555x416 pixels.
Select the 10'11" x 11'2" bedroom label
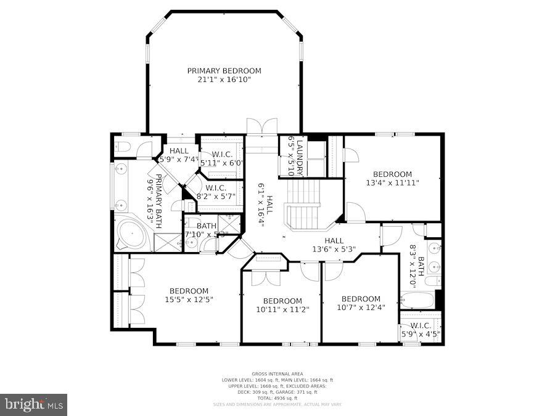point(281,305)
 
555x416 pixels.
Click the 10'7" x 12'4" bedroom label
point(361,303)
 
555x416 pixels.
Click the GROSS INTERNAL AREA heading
point(277,374)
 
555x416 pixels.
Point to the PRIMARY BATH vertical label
point(157,198)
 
